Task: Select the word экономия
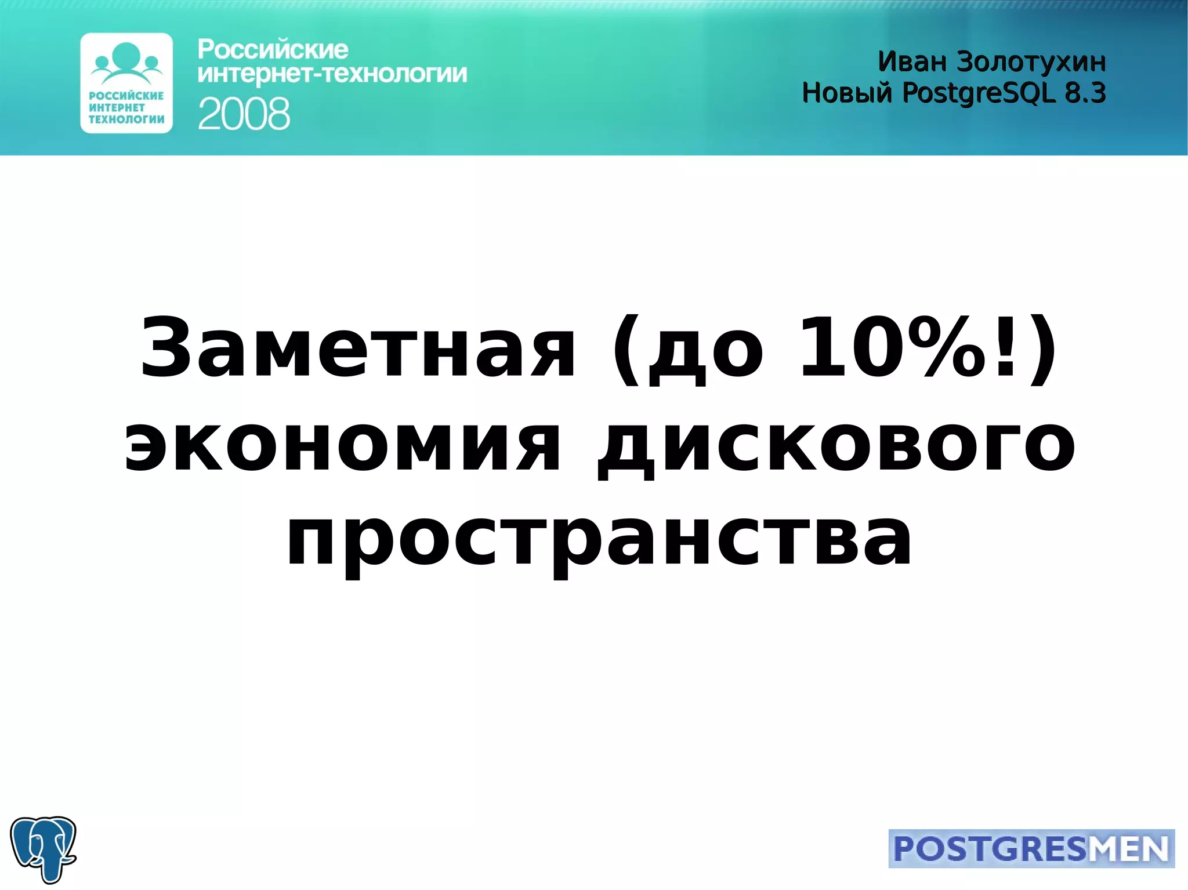tap(342, 446)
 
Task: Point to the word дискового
tap(836, 446)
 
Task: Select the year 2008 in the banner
tap(244, 114)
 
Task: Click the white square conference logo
tap(126, 83)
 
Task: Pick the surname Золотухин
tap(1031, 62)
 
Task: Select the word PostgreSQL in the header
tap(979, 93)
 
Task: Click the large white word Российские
tap(273, 50)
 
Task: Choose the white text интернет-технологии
tap(332, 74)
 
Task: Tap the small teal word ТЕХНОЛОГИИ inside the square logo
tap(126, 119)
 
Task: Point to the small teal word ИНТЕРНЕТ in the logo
tap(117, 107)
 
